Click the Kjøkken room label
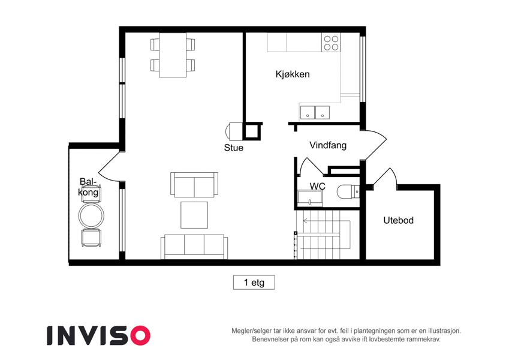tap(293, 74)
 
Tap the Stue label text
tap(233, 148)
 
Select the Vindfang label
tap(328, 145)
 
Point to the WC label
tap(318, 186)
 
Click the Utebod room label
tap(398, 220)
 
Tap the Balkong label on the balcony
tap(88, 187)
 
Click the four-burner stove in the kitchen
tap(331, 43)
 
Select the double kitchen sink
tap(315, 112)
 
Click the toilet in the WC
tap(348, 192)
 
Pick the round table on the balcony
tap(91, 215)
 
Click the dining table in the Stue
tap(173, 55)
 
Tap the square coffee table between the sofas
tap(194, 215)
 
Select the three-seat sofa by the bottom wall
tap(194, 247)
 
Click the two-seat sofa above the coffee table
tap(194, 185)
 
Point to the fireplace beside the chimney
tap(234, 131)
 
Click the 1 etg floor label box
tap(254, 283)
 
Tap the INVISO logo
tap(99, 335)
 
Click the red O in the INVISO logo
tap(140, 335)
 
